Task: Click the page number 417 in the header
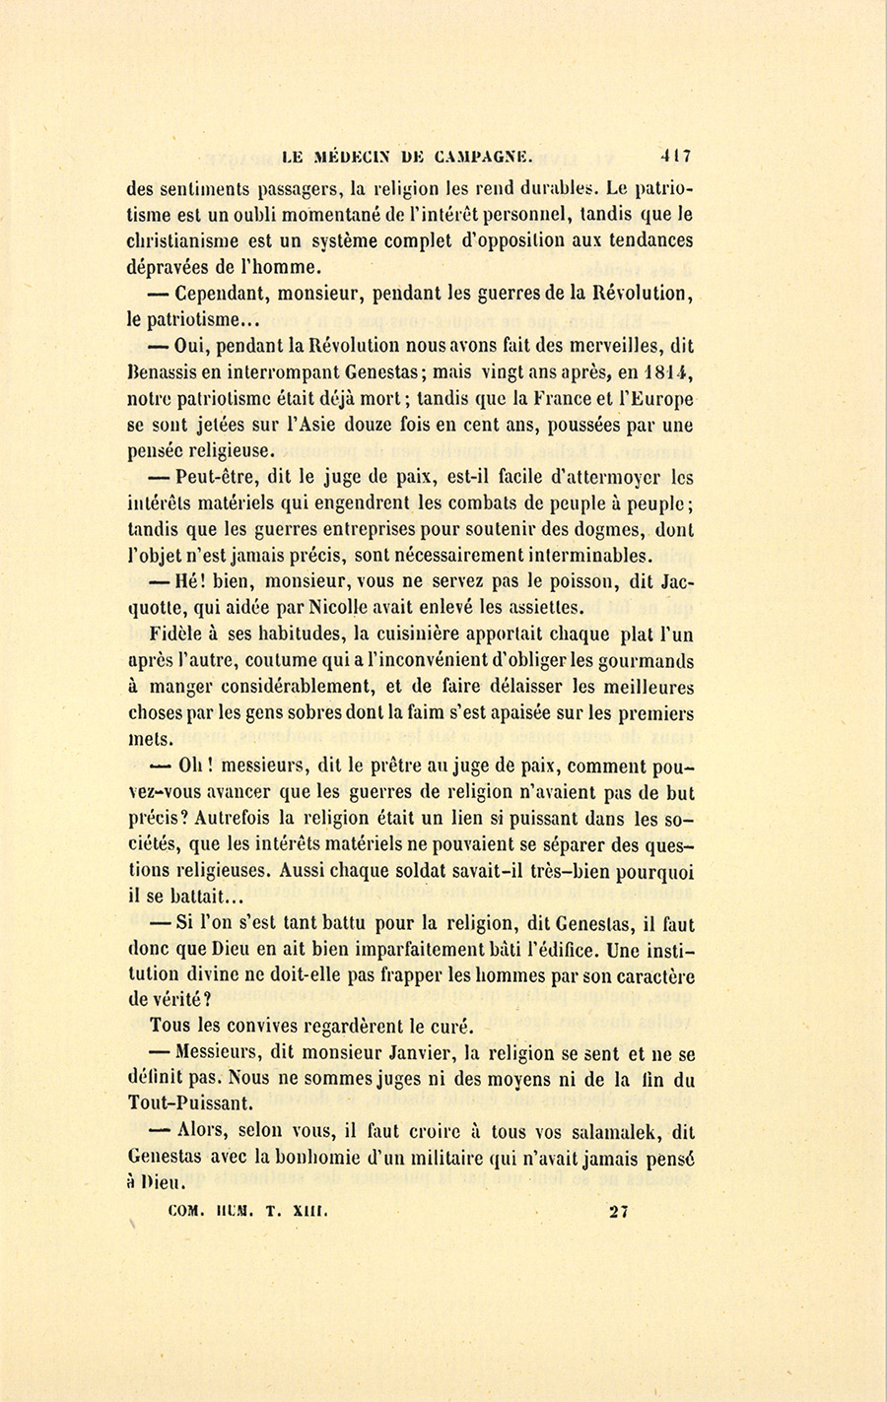pos(676,155)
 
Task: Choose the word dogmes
pos(616,529)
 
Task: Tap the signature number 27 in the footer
pos(619,1212)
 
